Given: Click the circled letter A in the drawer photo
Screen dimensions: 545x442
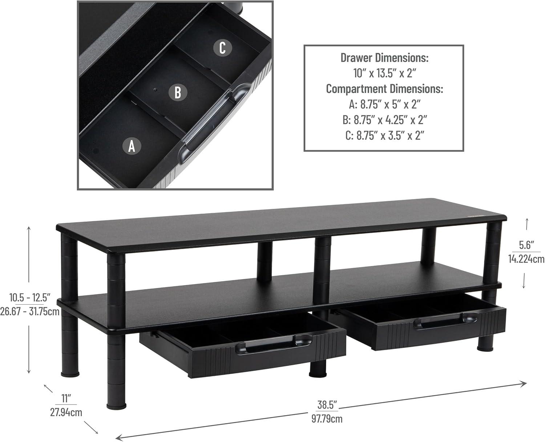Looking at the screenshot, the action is [132, 146].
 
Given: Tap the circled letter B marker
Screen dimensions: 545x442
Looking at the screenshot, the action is [178, 92].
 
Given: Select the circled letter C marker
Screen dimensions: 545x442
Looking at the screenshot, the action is [222, 48].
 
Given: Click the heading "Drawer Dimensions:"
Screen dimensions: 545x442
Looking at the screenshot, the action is [384, 58].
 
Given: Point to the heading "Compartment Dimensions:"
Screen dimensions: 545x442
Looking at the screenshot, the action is [384, 89].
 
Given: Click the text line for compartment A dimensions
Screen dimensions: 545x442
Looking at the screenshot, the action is [384, 104].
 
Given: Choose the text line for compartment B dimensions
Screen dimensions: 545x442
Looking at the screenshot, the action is [384, 120].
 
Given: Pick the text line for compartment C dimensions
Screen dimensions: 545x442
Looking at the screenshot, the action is [384, 135].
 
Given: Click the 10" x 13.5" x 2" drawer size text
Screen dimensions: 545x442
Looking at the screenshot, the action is [384, 73].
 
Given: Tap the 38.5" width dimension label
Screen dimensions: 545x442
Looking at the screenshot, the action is [327, 405].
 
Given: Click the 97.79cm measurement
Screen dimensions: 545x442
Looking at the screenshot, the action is [327, 419].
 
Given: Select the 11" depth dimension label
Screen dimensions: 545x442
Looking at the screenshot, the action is [66, 398].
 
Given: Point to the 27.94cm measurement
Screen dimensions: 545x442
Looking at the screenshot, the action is [66, 412].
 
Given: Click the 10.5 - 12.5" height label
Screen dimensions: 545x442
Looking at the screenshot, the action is [30, 297].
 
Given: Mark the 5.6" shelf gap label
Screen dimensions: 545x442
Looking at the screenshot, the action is [526, 245].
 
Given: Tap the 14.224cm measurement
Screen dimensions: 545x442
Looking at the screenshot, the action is [526, 259].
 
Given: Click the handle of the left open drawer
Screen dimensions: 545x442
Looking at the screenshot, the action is [274, 345].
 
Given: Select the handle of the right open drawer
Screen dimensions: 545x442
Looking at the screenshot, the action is [445, 321].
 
